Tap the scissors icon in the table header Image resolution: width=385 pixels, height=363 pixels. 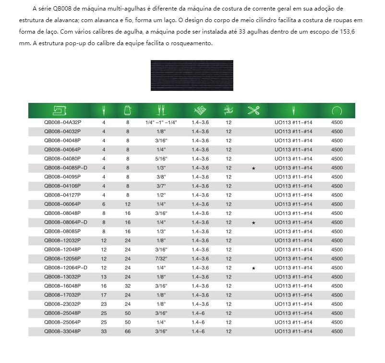pyautogui.click(x=253, y=111)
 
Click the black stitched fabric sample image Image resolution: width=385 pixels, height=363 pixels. pyautogui.click(x=192, y=75)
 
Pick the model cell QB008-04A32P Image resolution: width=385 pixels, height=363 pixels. pyautogui.click(x=62, y=123)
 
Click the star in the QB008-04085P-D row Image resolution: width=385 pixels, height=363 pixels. pyautogui.click(x=253, y=168)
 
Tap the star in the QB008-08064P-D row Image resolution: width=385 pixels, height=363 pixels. pyautogui.click(x=253, y=223)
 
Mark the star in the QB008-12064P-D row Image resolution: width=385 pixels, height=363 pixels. pyautogui.click(x=253, y=268)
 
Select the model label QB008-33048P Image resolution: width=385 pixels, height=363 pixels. pyautogui.click(x=62, y=331)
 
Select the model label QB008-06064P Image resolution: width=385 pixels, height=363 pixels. pyautogui.click(x=62, y=204)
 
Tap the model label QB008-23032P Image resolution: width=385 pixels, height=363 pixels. pyautogui.click(x=62, y=304)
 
